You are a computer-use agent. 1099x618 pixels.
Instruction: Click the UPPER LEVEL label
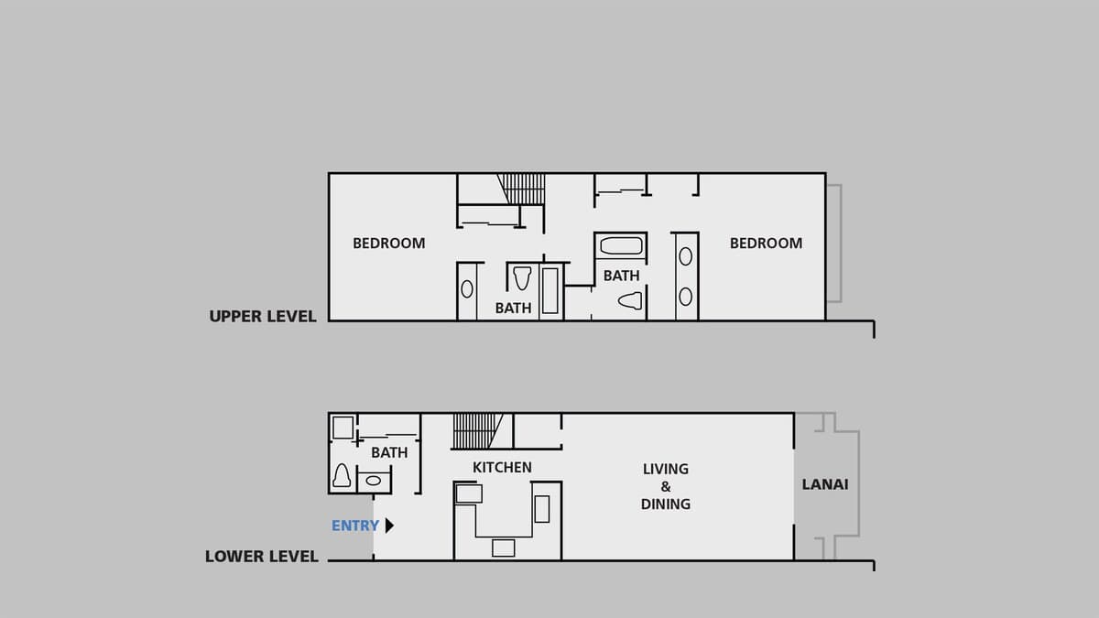(263, 317)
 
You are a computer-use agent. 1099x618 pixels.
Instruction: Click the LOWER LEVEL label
(262, 557)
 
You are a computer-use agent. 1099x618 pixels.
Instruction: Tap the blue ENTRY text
(355, 526)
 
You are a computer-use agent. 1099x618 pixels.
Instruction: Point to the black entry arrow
(389, 526)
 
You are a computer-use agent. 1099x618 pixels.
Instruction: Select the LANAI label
(825, 484)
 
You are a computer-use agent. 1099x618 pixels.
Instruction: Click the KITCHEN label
(502, 468)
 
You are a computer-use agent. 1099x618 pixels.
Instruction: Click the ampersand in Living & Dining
(665, 486)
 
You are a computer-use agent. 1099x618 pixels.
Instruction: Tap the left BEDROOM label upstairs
(388, 244)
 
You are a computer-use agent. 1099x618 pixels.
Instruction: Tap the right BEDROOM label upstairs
(766, 244)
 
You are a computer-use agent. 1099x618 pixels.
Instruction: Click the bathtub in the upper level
(621, 245)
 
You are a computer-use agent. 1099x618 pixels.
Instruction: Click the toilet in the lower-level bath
(342, 476)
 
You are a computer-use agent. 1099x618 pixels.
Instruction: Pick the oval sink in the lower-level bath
(374, 482)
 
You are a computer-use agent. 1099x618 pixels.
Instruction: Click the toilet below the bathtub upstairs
(630, 300)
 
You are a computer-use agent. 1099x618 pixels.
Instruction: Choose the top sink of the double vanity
(685, 256)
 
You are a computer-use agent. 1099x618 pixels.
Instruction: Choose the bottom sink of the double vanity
(685, 297)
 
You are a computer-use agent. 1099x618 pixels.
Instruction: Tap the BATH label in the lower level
(389, 452)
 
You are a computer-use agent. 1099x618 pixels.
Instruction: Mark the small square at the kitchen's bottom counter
(504, 548)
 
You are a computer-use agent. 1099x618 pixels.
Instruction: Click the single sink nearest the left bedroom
(467, 289)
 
